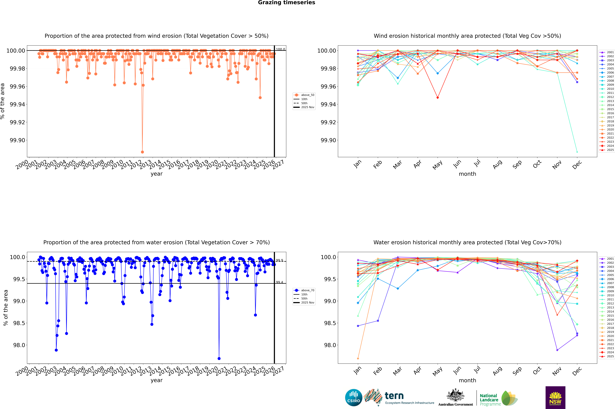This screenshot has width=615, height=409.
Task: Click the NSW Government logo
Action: [x=555, y=398]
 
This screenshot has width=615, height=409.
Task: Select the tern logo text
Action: [x=394, y=396]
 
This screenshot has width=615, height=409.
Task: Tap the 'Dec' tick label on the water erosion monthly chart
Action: [x=577, y=371]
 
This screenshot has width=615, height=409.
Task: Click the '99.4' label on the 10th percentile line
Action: [x=279, y=282]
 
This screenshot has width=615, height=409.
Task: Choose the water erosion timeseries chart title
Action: [x=156, y=242]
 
